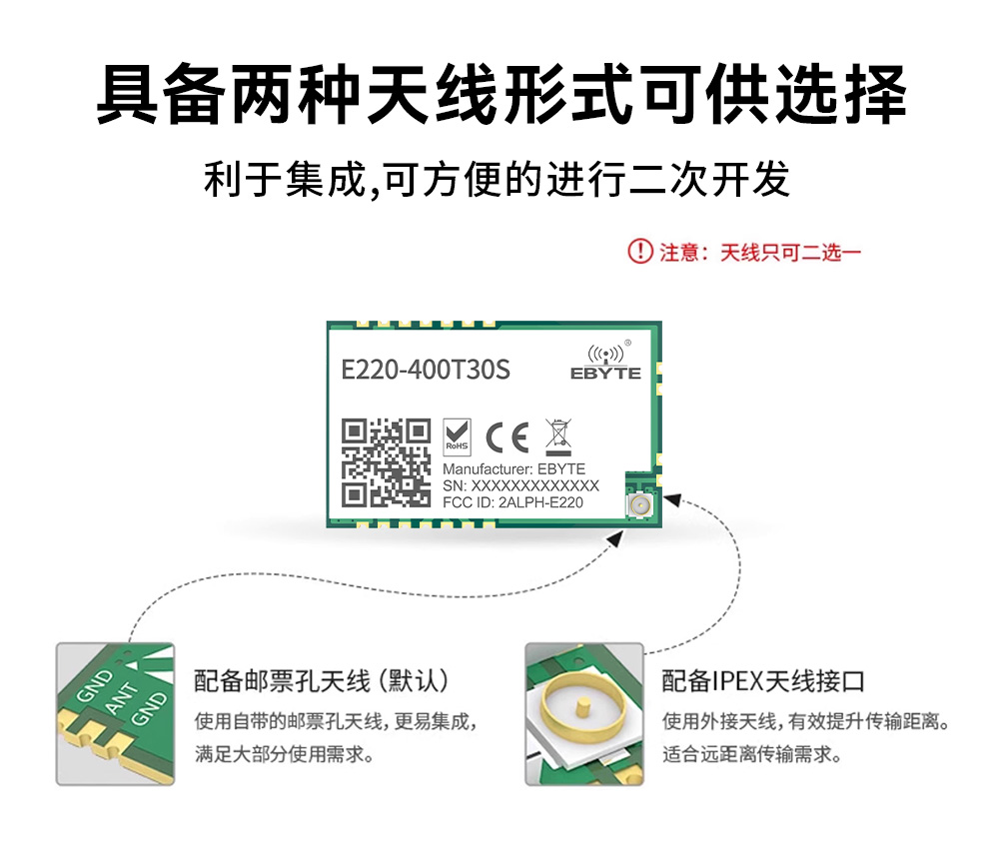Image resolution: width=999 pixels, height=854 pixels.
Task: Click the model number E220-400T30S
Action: [x=426, y=370]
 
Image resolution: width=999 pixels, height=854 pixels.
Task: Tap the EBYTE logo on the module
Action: [x=606, y=363]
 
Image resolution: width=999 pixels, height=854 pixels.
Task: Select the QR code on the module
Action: [x=386, y=463]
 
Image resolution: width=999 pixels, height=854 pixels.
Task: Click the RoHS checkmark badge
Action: [x=457, y=436]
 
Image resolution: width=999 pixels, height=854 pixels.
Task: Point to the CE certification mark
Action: [x=507, y=437]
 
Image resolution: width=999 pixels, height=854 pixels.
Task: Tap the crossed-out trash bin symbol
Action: [x=558, y=437]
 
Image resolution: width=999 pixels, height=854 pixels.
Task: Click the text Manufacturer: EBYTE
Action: [x=514, y=469]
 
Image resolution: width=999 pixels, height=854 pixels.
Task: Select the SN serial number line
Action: [x=520, y=485]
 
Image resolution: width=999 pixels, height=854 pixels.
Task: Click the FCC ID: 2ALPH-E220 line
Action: [x=512, y=502]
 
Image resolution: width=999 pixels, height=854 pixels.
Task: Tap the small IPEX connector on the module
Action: [x=639, y=505]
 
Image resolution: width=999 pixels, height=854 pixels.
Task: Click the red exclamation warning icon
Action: [x=640, y=251]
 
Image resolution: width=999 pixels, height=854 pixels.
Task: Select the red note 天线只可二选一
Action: [x=790, y=253]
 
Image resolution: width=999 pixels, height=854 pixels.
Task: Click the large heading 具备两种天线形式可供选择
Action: [x=501, y=93]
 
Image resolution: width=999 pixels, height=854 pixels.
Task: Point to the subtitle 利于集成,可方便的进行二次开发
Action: [x=497, y=179]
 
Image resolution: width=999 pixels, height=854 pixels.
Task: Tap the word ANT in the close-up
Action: [x=121, y=697]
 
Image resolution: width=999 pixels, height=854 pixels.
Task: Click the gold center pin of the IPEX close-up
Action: [x=581, y=710]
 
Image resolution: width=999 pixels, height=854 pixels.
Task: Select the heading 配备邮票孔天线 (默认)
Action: [x=321, y=681]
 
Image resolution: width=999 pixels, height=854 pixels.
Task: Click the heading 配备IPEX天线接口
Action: [x=763, y=681]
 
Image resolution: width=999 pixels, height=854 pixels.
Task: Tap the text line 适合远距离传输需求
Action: [x=752, y=755]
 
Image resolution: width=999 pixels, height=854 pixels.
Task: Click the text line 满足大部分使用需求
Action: [x=284, y=755]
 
